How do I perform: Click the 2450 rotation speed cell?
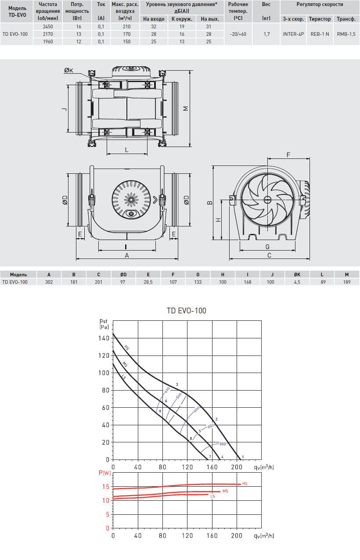tap(48, 27)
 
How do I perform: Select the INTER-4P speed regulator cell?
tap(293, 34)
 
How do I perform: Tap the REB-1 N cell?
tap(320, 34)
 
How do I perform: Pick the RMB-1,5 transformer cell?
tap(346, 34)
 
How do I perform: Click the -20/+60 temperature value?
tap(238, 34)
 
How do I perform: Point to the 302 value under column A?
tap(49, 282)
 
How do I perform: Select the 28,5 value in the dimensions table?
tap(148, 282)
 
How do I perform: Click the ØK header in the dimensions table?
tap(297, 274)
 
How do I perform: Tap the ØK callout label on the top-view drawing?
tap(68, 71)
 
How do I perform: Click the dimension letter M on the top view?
tap(186, 108)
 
